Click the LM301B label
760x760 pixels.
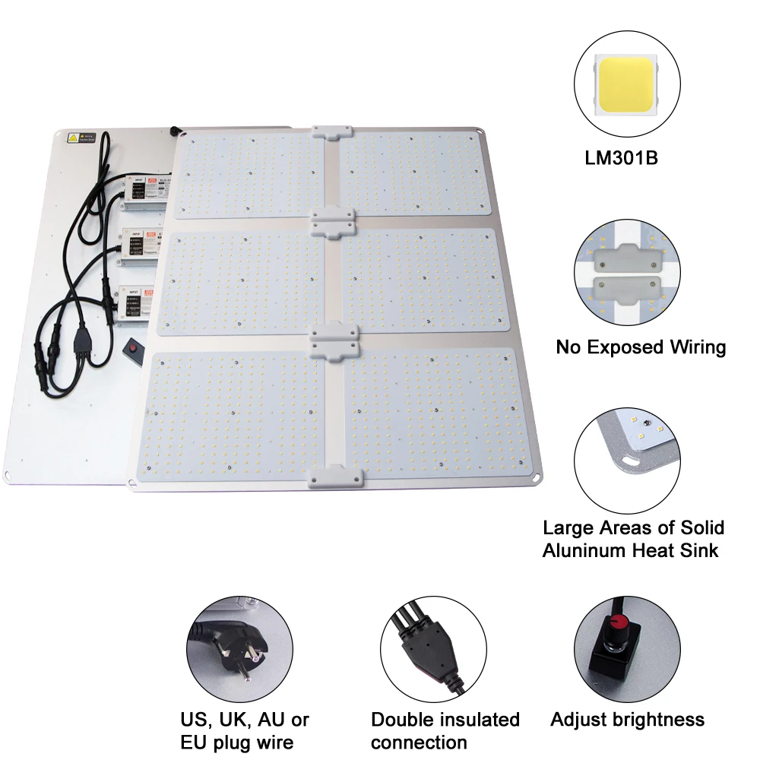coord(621,160)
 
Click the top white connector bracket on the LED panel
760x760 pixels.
coord(331,132)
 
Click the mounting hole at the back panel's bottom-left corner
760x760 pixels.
coord(8,476)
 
